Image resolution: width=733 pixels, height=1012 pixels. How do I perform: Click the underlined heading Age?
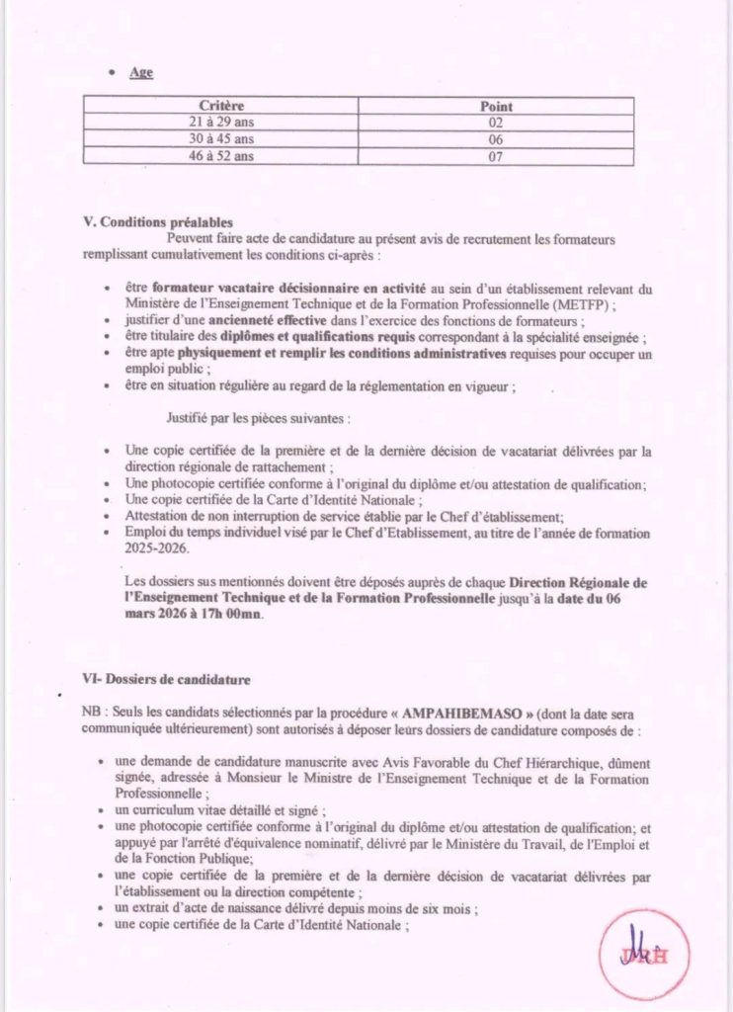[141, 72]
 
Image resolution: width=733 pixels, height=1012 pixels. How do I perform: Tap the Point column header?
[496, 106]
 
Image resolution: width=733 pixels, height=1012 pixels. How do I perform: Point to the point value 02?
[496, 123]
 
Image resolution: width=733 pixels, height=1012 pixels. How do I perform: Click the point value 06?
[496, 139]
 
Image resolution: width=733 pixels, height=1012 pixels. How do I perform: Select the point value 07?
[496, 156]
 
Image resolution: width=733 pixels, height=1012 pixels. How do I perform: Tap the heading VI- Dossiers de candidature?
[167, 680]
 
